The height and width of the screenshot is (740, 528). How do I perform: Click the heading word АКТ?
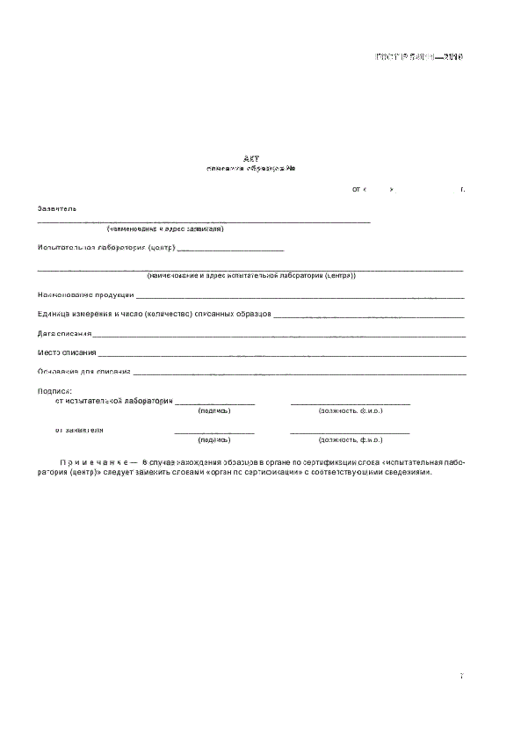point(252,158)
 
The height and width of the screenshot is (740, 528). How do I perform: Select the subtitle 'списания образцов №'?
point(251,169)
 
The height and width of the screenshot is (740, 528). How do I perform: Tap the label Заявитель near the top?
point(57,209)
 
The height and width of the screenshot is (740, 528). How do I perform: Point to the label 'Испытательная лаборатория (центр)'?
point(106,248)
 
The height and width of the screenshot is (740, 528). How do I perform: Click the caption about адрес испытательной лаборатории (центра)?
point(251,275)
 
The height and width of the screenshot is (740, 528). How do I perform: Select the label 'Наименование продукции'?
point(86,294)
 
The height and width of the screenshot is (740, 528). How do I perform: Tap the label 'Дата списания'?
point(64,333)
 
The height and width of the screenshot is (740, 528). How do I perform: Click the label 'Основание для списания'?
point(84,372)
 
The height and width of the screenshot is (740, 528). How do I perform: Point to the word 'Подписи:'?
point(54,390)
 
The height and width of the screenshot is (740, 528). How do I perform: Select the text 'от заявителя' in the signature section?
point(80,430)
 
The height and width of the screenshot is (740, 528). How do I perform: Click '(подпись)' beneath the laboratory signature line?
point(214,410)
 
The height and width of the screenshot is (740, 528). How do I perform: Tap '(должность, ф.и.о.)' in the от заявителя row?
point(350,439)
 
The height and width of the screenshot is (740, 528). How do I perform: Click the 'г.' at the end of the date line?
point(462,189)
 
